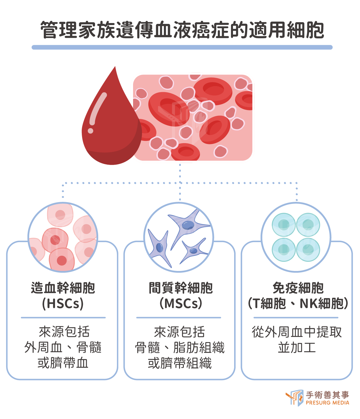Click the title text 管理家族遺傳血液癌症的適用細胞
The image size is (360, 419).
pos(182,30)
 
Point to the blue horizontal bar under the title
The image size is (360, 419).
pos(182,47)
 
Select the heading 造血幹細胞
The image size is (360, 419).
pos(63,288)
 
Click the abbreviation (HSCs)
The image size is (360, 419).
pos(63,304)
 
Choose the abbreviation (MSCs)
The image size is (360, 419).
pos(181,304)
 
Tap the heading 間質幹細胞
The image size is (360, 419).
pos(181,288)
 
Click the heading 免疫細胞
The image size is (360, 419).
pos(298,288)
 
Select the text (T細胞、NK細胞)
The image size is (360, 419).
pos(298,304)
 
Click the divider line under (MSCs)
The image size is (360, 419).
pos(179,318)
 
